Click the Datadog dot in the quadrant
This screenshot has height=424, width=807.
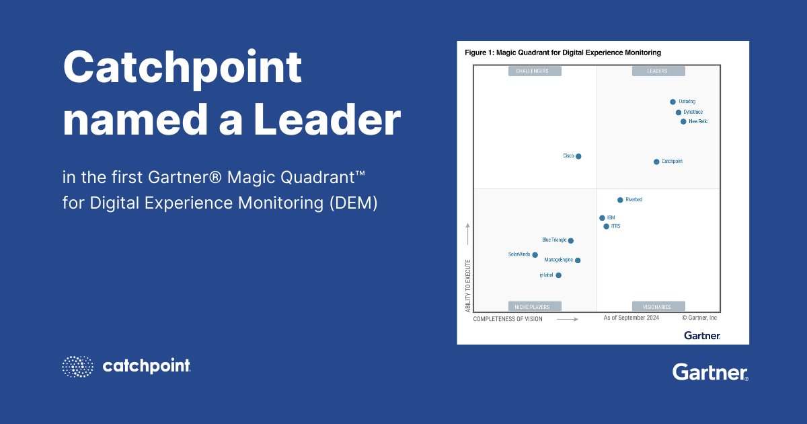click(x=672, y=102)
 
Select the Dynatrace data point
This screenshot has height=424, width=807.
click(x=679, y=112)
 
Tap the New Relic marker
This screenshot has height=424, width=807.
click(x=683, y=122)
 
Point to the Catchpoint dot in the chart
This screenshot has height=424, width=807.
click(x=656, y=162)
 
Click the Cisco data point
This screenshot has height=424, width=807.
click(x=578, y=156)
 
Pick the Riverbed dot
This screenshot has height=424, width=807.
click(x=620, y=200)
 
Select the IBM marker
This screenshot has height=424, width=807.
click(x=602, y=218)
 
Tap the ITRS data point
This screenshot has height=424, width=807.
click(x=606, y=227)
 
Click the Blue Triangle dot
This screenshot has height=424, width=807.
click(x=571, y=240)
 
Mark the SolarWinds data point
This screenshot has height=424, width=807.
click(x=535, y=255)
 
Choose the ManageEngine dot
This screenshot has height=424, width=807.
click(x=578, y=260)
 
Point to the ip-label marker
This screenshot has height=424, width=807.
click(x=559, y=275)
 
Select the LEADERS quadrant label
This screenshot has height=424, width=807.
click(x=658, y=71)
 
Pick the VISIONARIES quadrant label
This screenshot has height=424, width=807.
click(x=658, y=307)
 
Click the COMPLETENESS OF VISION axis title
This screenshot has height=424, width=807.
click(x=508, y=319)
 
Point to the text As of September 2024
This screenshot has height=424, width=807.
click(x=631, y=318)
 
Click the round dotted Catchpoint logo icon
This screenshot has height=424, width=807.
click(x=78, y=366)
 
